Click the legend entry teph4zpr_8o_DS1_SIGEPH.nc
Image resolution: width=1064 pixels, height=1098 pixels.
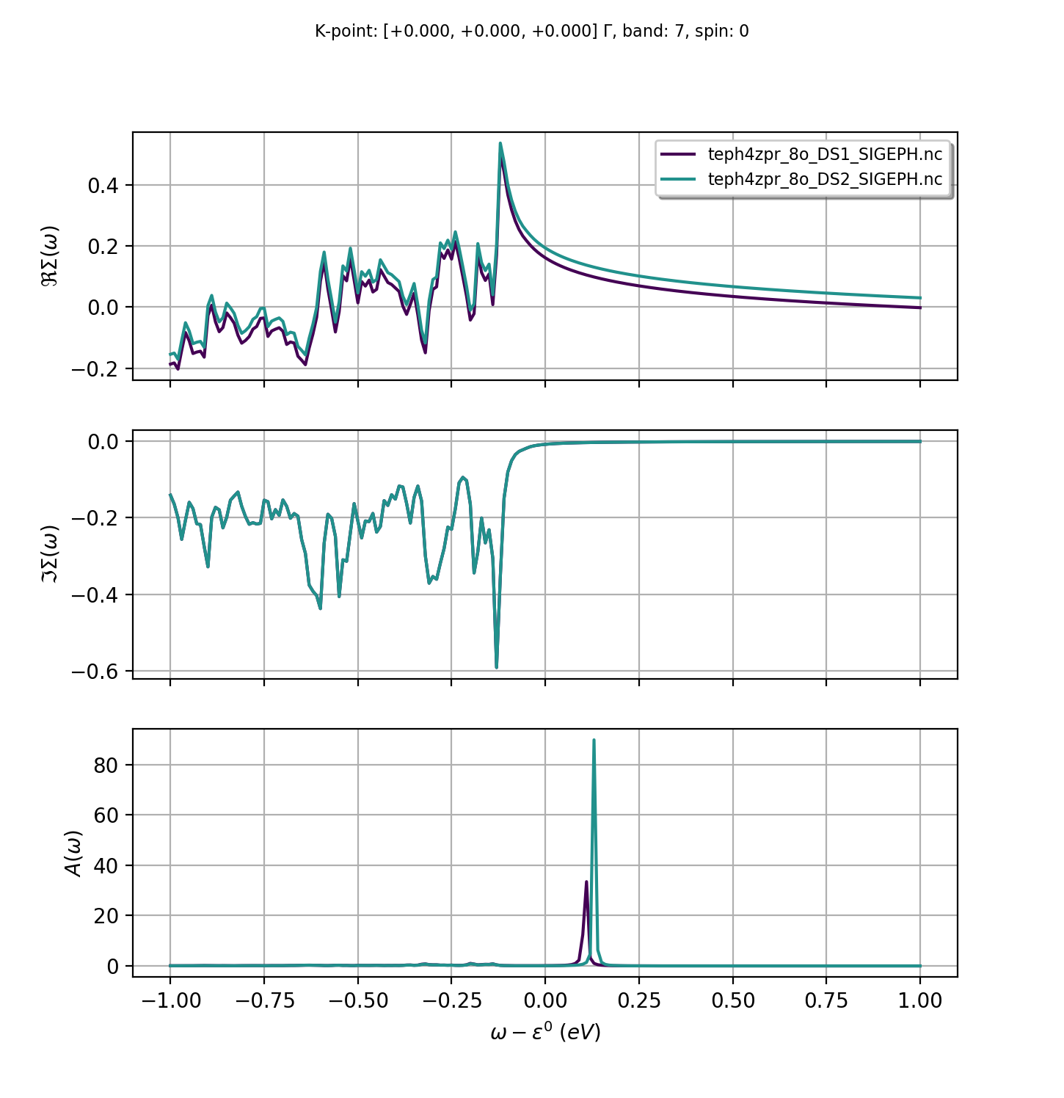click(825, 154)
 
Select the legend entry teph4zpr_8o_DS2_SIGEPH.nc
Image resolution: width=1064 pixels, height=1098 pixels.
click(825, 179)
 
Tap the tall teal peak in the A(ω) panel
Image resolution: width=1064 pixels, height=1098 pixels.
click(594, 741)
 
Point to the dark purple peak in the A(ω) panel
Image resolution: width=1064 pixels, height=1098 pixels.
click(586, 882)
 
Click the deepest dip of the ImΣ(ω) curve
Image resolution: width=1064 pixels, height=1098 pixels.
click(497, 666)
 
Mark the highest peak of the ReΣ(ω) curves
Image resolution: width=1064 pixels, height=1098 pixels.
click(500, 144)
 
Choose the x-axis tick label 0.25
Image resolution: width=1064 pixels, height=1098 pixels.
click(639, 1000)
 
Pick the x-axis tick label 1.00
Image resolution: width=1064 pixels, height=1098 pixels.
click(920, 1000)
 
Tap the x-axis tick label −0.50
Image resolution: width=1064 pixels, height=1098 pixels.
click(357, 1000)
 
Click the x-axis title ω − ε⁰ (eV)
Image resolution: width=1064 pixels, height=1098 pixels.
click(545, 1033)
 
